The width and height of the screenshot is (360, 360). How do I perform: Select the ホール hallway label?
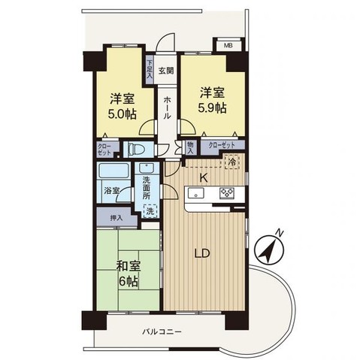tap(166, 112)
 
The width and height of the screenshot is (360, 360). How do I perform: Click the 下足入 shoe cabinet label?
tap(150, 69)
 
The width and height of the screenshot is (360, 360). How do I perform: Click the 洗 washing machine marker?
tap(151, 212)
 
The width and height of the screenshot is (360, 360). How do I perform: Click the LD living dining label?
tap(202, 253)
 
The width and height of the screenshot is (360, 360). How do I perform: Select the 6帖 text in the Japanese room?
tap(127, 282)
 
